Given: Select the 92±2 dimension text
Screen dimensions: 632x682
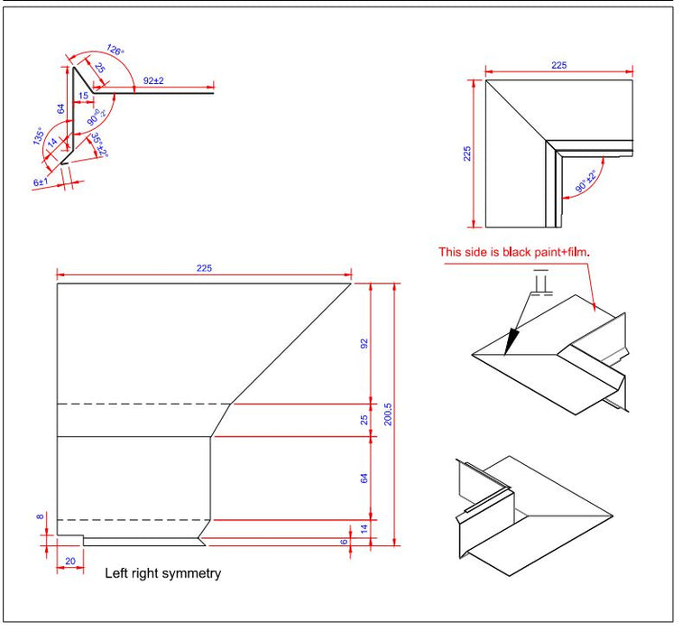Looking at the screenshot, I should [153, 81].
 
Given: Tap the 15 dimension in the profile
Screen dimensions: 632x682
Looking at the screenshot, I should [82, 95].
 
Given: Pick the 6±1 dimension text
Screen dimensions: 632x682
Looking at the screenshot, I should [40, 181].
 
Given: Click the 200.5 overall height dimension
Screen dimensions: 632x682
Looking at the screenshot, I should [388, 415].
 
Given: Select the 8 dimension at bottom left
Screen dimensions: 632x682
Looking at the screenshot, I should [40, 517].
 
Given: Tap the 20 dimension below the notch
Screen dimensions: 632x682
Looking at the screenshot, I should [70, 561].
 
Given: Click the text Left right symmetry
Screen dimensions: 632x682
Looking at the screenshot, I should [162, 573].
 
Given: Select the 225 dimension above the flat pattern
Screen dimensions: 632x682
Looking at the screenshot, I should [203, 268].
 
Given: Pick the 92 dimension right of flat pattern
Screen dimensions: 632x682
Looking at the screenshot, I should [364, 343].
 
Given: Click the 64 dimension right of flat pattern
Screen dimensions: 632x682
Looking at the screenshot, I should [364, 478].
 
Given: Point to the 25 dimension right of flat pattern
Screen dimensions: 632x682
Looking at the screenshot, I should [364, 420].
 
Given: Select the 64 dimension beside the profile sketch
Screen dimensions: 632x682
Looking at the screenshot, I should [61, 109].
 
